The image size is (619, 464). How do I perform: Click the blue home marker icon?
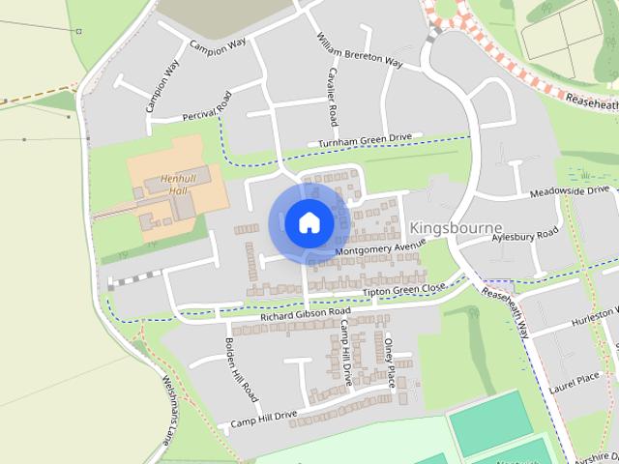(x=309, y=222)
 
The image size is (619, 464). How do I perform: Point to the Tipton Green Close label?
(x=403, y=289)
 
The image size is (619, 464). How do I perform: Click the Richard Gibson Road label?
(x=305, y=314)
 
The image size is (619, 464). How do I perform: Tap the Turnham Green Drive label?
(x=365, y=141)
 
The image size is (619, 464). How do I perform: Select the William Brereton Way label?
(x=359, y=50)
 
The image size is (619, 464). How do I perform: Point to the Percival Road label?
(x=206, y=108)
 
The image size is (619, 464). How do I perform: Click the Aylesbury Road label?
(x=525, y=235)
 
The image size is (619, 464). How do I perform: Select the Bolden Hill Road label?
(x=241, y=370)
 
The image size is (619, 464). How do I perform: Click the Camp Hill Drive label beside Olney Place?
(x=343, y=354)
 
